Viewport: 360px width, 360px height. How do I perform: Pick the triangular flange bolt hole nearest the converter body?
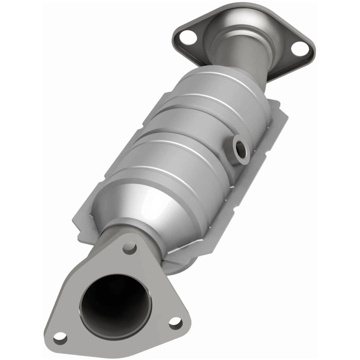[130, 248]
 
